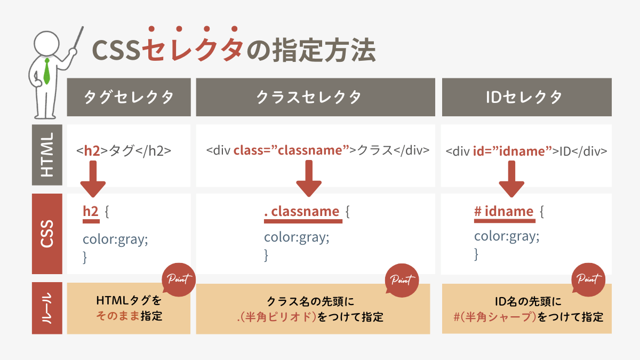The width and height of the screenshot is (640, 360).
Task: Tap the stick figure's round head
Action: point(46,43)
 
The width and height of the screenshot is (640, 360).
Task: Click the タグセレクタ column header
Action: point(129,97)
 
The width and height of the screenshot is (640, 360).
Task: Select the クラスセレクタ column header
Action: point(315,97)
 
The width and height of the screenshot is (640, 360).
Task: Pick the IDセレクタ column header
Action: point(527,97)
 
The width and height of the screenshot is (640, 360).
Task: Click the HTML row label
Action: point(47,155)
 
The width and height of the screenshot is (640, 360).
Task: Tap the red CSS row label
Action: point(47,234)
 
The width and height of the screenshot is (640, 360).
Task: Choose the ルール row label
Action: point(47,308)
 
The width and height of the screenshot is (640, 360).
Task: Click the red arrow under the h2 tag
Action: point(93,179)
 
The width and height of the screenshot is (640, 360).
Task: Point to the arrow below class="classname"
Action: point(309,178)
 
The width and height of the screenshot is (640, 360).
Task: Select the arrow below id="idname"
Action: point(511,179)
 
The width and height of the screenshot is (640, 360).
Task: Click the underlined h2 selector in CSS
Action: point(91,213)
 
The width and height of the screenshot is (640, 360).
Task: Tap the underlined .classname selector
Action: point(303,213)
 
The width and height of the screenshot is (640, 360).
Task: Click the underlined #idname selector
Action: point(505,213)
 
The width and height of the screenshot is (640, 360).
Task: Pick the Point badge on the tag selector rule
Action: point(179,279)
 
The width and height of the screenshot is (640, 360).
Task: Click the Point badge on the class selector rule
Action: point(402,281)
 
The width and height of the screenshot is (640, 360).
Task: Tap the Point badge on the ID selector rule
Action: point(588,279)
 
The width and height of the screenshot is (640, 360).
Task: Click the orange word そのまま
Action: point(118,316)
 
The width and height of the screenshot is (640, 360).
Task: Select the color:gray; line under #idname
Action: point(507,236)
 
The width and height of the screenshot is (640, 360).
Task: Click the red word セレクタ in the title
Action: point(193,49)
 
